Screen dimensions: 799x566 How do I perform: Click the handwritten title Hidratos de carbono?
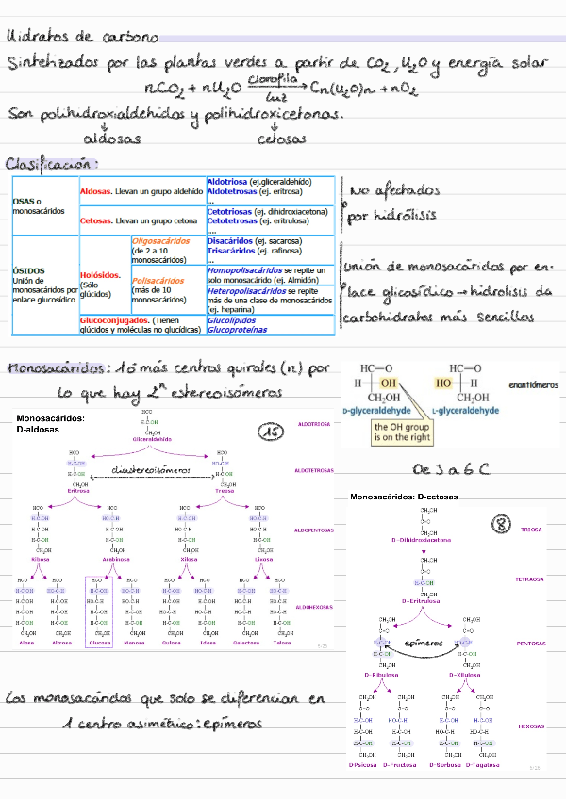point(82,38)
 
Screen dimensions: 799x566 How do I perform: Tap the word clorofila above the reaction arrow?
point(267,81)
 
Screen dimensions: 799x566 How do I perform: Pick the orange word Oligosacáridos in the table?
point(160,241)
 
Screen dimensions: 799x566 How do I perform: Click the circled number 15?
point(272,432)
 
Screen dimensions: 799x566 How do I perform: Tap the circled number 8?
point(502,523)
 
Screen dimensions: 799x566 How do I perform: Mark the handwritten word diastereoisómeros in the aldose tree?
point(151,469)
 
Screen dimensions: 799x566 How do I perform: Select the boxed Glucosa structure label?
point(98,643)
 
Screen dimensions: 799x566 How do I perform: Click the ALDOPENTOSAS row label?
point(313,530)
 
